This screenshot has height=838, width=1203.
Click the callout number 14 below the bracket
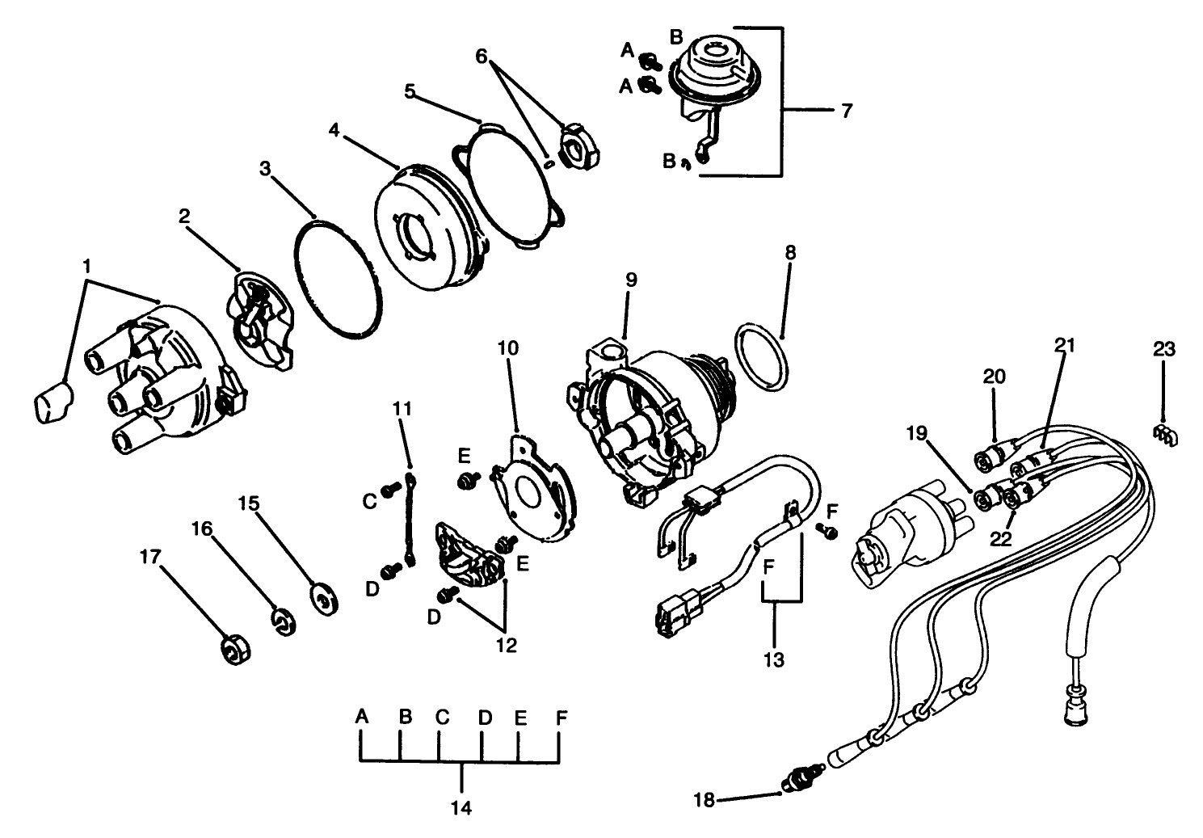tap(462, 807)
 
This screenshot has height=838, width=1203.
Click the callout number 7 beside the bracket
tap(846, 111)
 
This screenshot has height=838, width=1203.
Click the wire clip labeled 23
tap(1164, 435)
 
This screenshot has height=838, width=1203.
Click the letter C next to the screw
tap(369, 502)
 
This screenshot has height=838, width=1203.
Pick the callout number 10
tap(508, 349)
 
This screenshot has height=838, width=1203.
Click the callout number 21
tap(1065, 346)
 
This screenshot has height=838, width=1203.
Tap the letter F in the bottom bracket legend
tap(561, 716)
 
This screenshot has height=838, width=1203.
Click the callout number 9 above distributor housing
tap(631, 280)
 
